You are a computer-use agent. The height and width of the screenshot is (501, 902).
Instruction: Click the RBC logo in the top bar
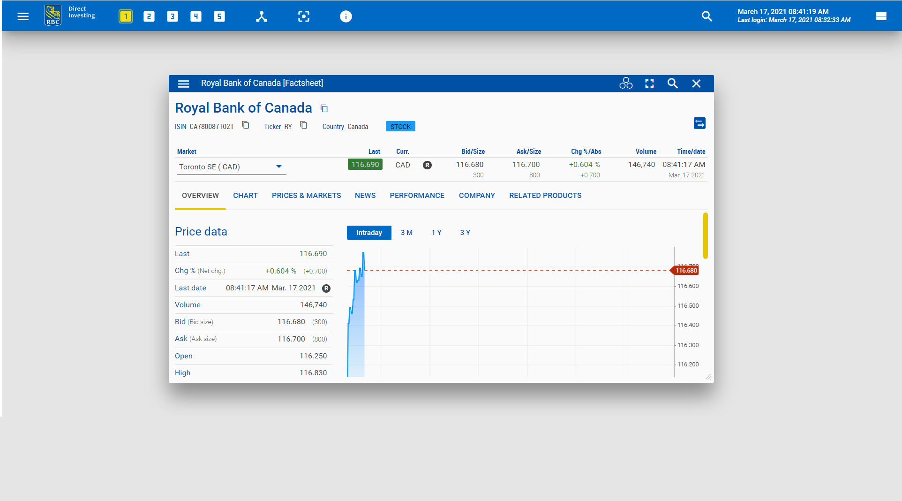[x=53, y=15]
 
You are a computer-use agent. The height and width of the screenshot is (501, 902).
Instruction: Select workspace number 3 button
[x=172, y=17]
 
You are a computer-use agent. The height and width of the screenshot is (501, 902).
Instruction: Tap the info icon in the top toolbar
[x=346, y=17]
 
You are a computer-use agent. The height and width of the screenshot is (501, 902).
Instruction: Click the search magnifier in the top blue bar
[x=707, y=16]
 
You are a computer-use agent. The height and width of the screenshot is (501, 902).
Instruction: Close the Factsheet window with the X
[x=696, y=83]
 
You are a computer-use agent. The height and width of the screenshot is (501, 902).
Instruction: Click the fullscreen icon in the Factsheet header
[x=649, y=83]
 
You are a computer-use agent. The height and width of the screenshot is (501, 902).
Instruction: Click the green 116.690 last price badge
[x=365, y=165]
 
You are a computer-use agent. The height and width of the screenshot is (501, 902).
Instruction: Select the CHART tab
[x=245, y=196]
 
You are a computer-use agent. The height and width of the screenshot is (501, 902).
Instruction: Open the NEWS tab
[x=365, y=196]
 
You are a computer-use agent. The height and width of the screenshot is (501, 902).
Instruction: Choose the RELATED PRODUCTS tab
[x=545, y=196]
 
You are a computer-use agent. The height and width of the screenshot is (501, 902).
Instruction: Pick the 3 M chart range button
[x=406, y=233]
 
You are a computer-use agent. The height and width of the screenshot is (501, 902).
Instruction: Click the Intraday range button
[x=369, y=233]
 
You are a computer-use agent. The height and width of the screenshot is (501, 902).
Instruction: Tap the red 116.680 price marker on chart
[x=686, y=271]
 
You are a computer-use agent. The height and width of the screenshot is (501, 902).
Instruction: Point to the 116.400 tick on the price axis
[x=688, y=325]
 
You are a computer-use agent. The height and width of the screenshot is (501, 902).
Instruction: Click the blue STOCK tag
[x=400, y=127]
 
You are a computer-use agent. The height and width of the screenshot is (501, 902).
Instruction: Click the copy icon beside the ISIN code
[x=246, y=125]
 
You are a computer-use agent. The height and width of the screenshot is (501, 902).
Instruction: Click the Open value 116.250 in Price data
[x=313, y=356]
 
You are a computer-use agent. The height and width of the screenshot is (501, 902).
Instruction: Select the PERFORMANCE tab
[x=417, y=196]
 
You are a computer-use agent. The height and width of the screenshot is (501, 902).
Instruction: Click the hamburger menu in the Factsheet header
[x=183, y=83]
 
